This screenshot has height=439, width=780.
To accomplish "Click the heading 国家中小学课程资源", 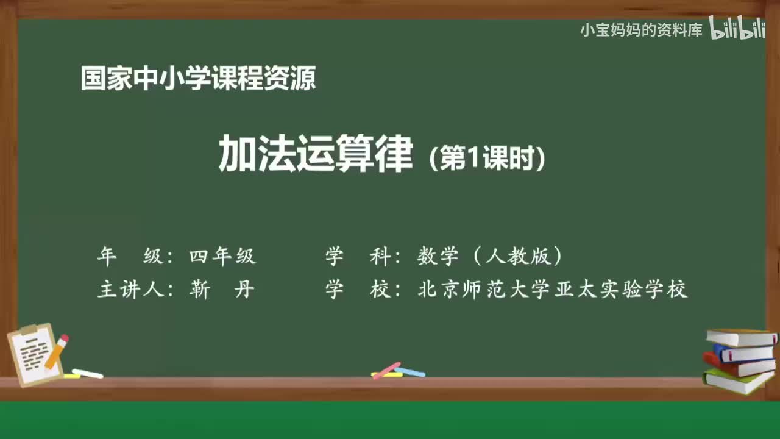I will coord(198,79).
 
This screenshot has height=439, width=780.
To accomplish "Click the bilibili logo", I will coord(737,29).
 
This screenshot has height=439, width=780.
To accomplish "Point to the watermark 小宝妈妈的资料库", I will coord(641,30).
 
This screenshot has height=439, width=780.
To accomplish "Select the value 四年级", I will coord(222,257).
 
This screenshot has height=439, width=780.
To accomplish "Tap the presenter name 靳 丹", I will coord(222,290).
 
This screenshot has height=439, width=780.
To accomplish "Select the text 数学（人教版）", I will coord(489,257).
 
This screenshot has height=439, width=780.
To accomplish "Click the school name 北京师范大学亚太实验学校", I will coord(553,290).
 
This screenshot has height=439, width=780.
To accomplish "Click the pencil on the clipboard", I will coord(57,351).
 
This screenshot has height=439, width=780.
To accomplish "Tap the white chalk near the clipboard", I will coord(87,373).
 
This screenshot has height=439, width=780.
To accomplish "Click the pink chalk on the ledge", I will coord(386,370).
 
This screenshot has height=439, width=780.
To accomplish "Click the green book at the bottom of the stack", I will coord(737,381).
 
